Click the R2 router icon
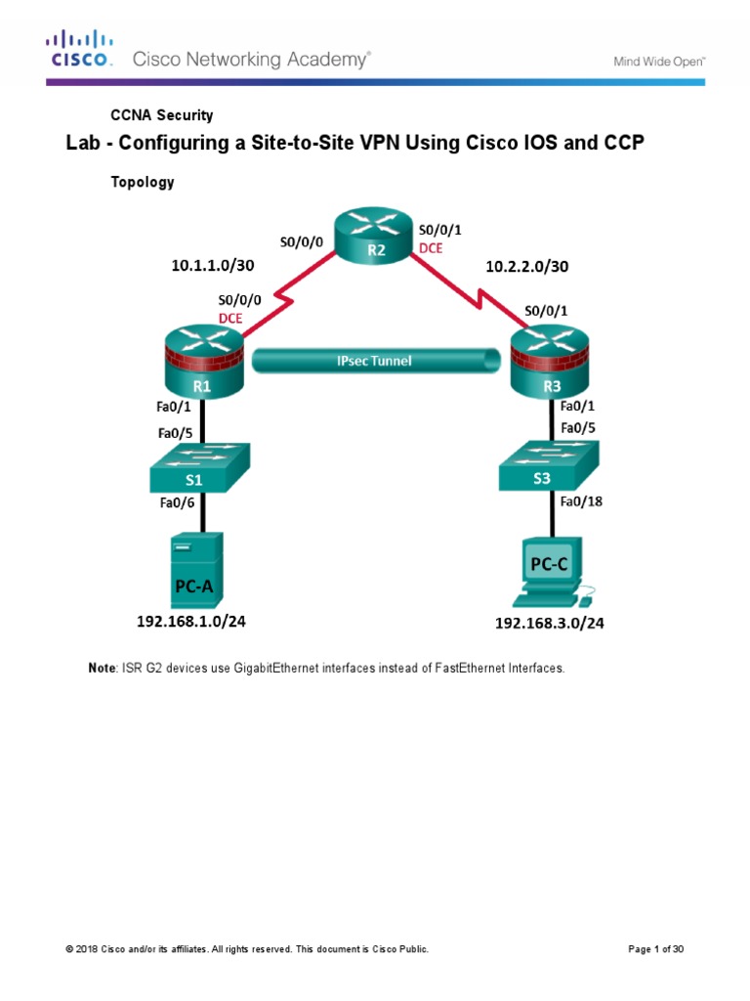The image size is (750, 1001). (x=377, y=236)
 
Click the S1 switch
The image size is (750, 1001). (x=199, y=468)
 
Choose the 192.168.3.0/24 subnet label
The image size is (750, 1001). (x=549, y=624)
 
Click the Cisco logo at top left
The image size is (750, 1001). (x=81, y=49)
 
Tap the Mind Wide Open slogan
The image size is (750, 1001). (x=658, y=61)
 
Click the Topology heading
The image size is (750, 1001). (x=143, y=182)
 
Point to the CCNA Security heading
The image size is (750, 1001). (x=161, y=115)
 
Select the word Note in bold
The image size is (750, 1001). (x=102, y=669)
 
